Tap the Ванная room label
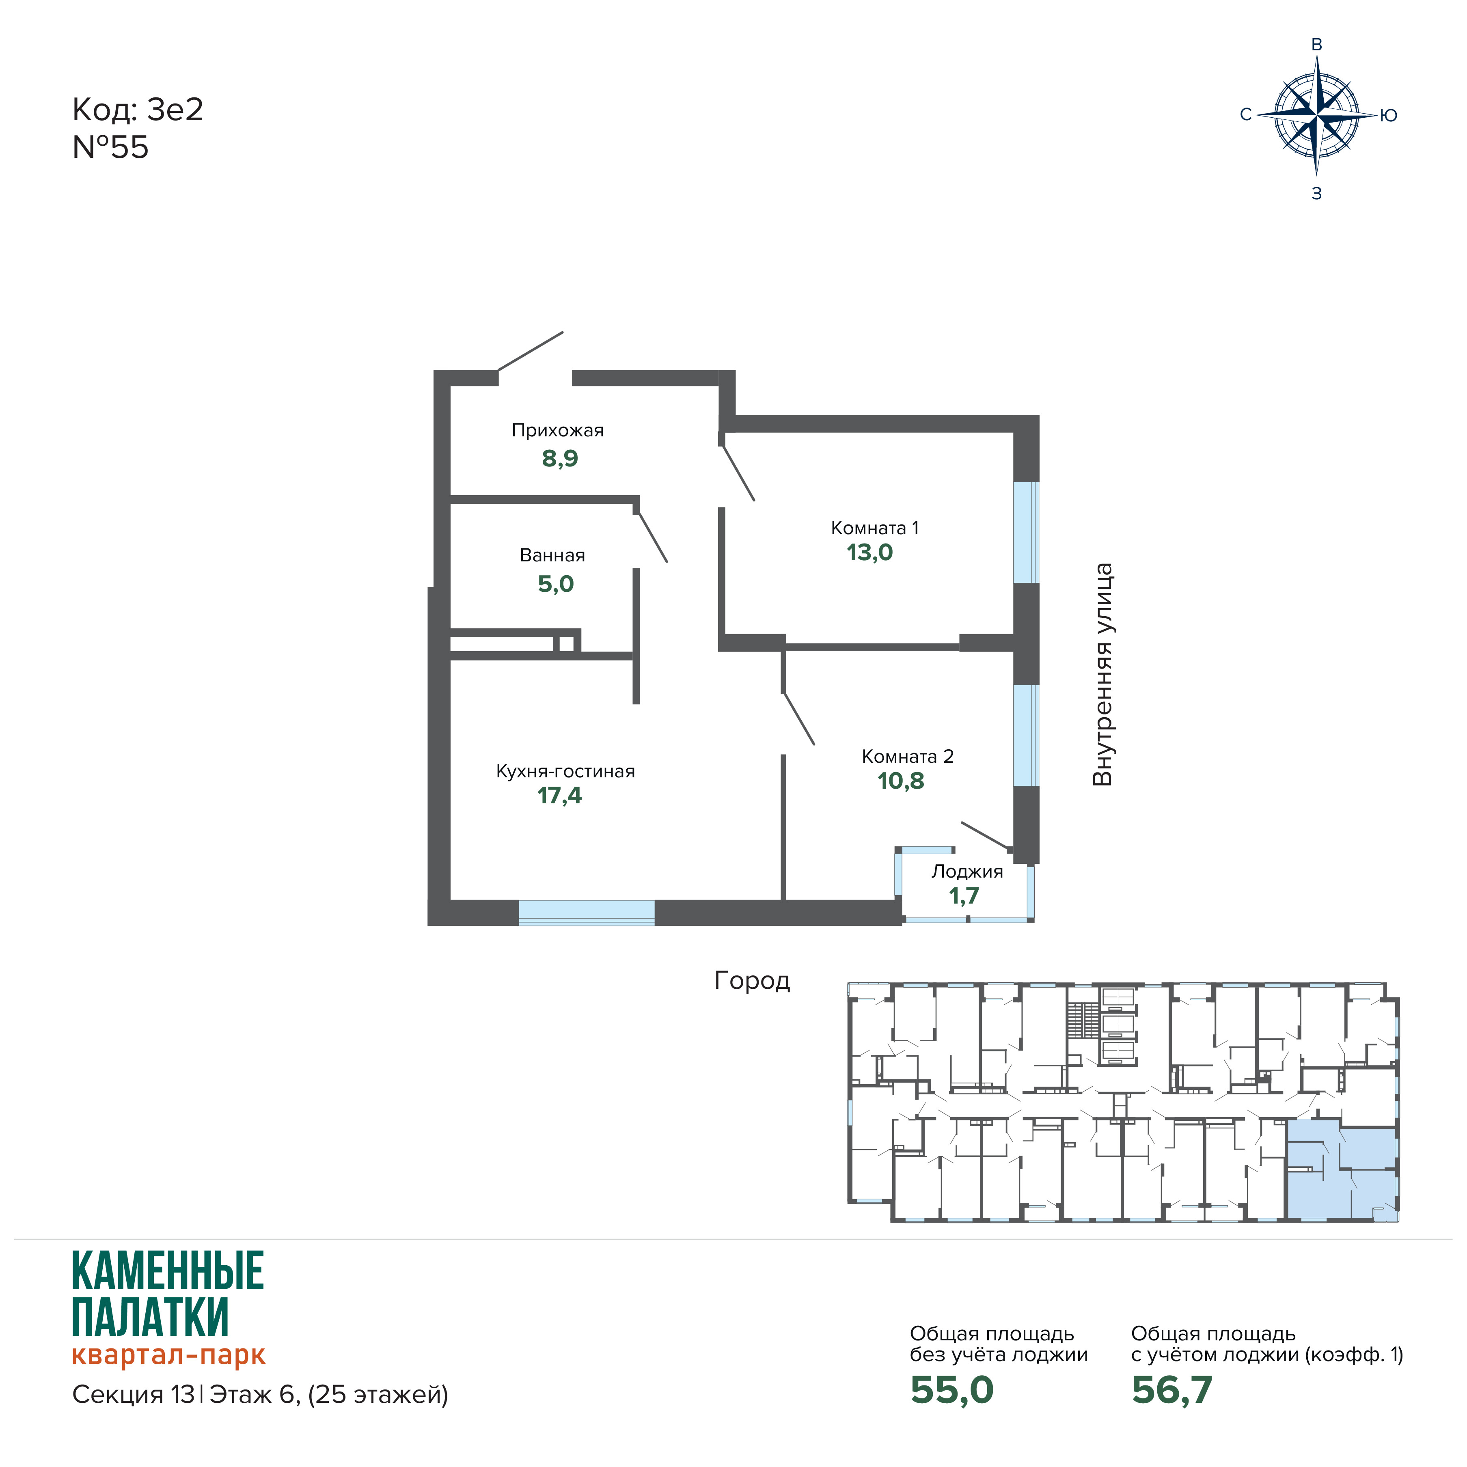pos(552,555)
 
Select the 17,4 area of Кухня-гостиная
pos(560,796)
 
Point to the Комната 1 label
pos(875,528)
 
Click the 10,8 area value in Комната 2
pos(901,781)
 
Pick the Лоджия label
pos(966,872)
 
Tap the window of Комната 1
pos(1026,532)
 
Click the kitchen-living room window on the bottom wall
pos(586,913)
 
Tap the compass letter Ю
pos(1388,115)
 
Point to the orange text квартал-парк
pos(168,1355)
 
